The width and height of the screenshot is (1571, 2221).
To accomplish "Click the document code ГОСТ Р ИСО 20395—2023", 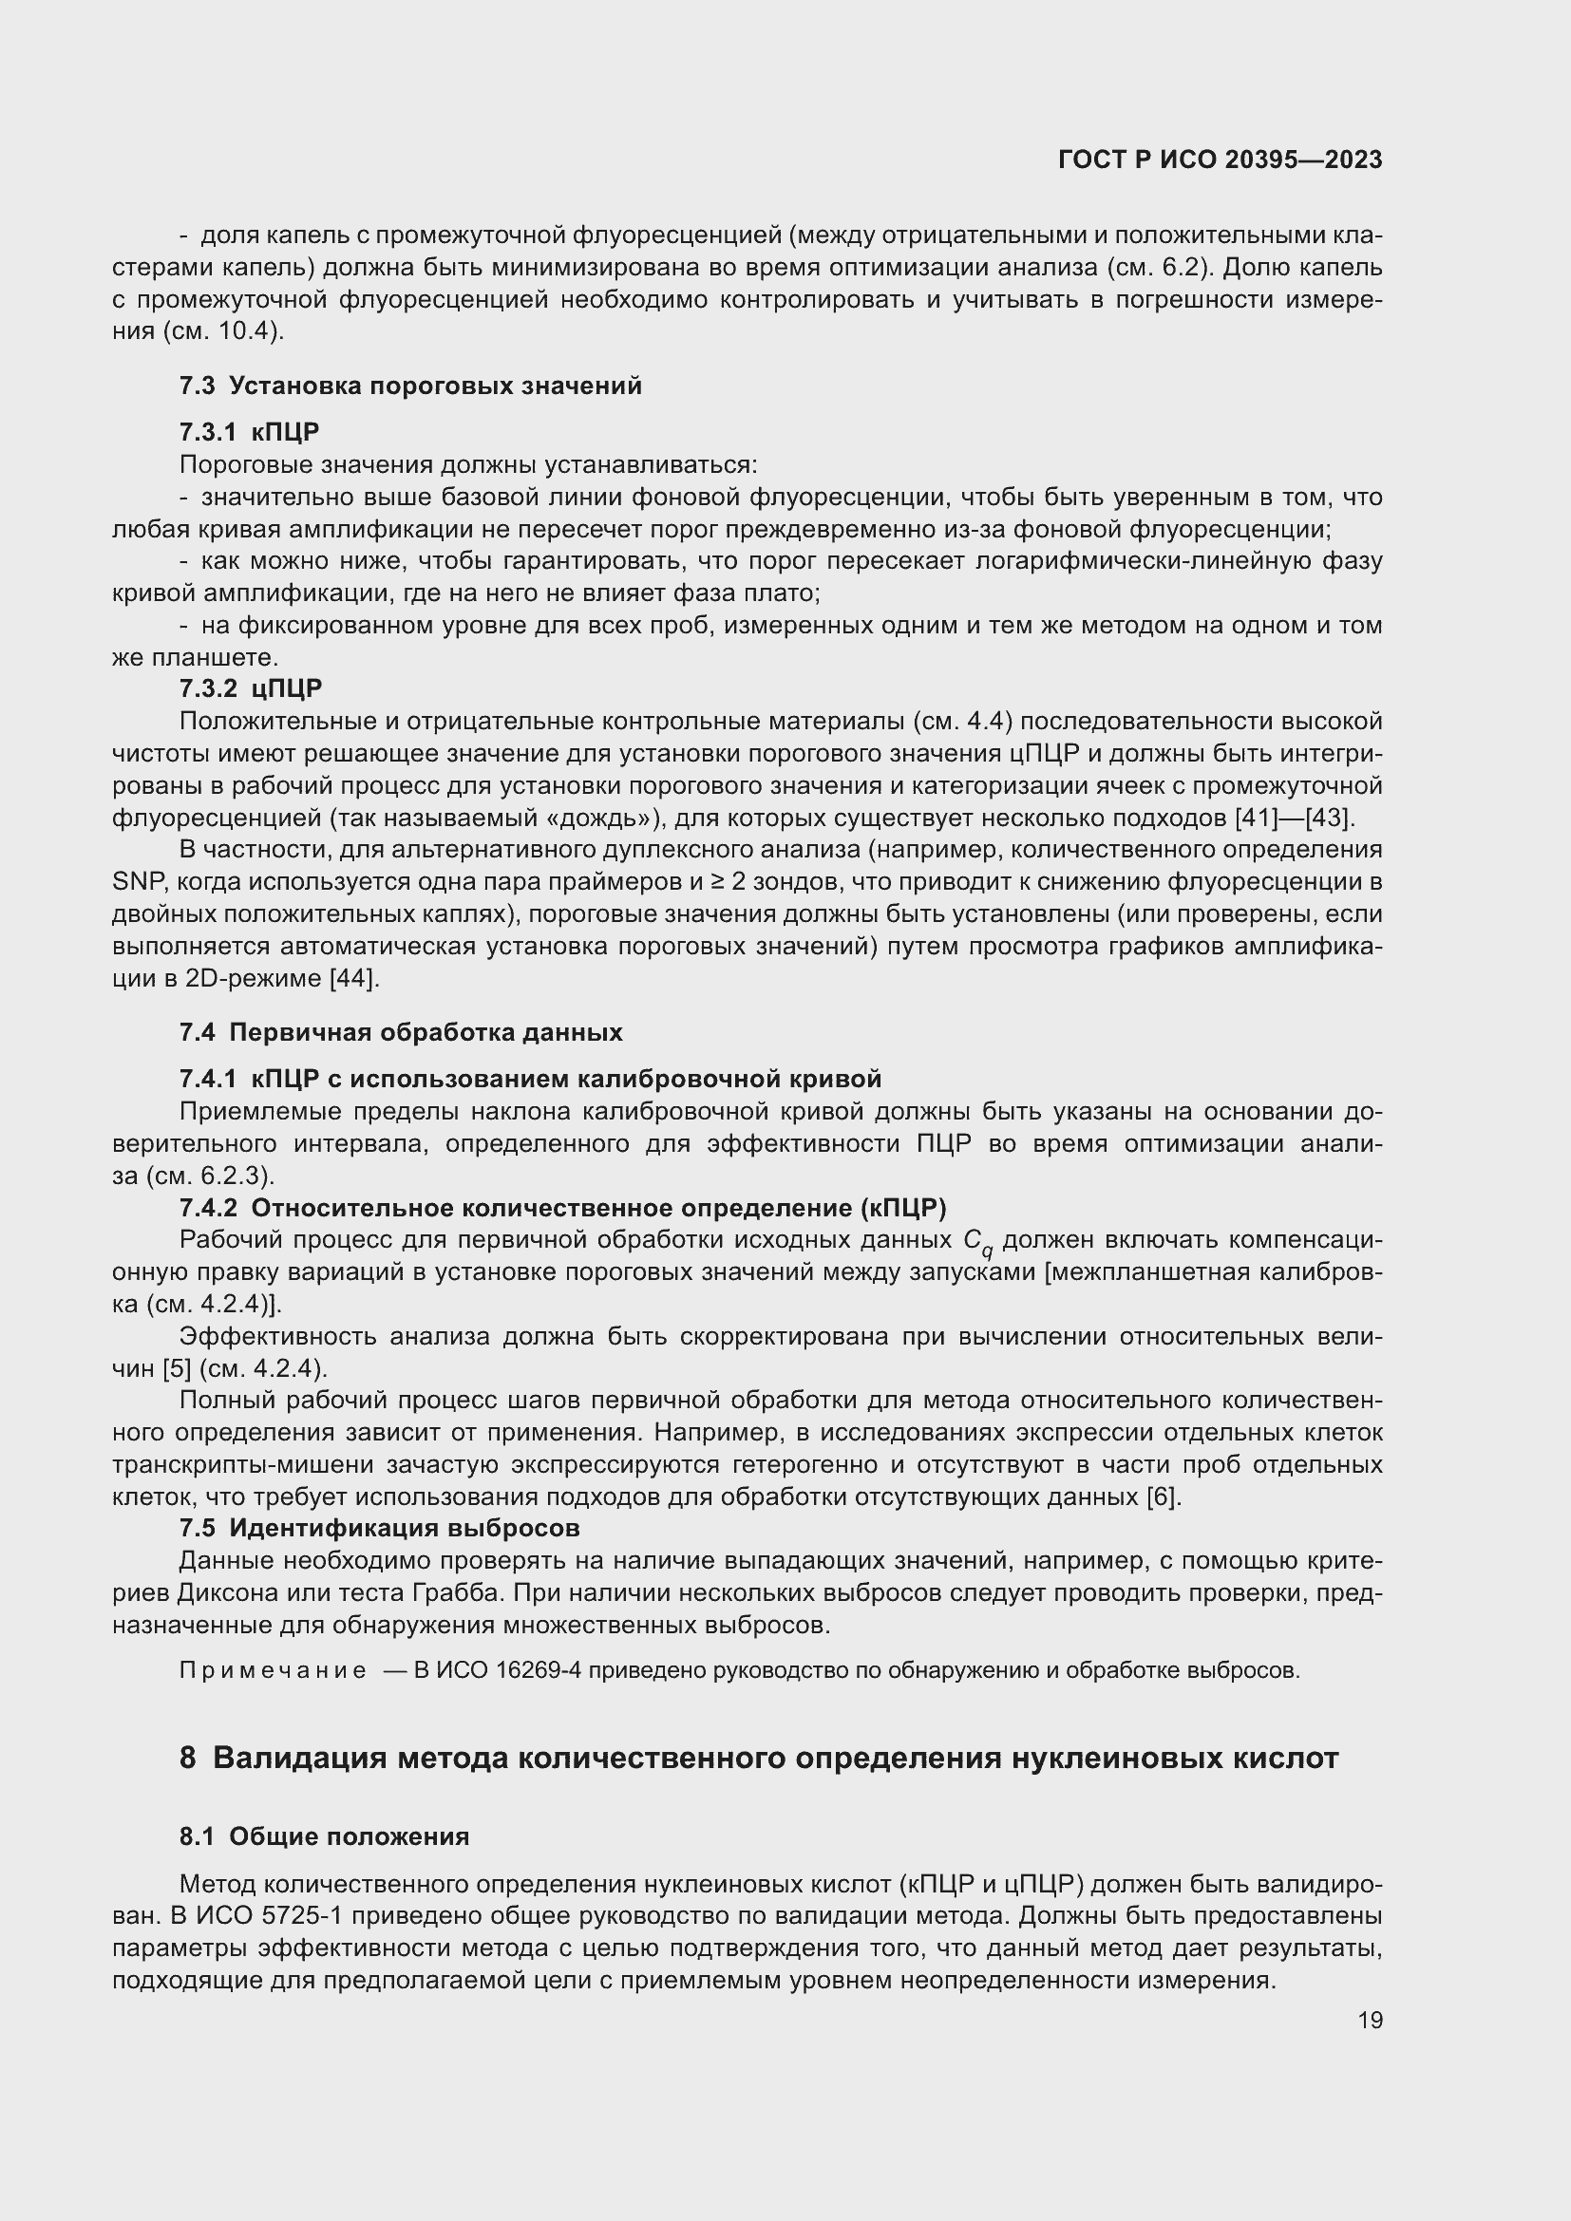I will click(1220, 160).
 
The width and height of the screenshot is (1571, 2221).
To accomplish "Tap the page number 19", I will click(1370, 2020).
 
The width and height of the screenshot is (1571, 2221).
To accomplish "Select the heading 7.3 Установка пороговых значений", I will click(410, 386).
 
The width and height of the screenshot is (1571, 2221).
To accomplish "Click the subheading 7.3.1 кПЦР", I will click(249, 431).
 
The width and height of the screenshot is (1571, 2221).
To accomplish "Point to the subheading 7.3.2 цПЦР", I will click(251, 688).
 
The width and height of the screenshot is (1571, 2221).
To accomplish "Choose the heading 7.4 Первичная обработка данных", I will click(401, 1032).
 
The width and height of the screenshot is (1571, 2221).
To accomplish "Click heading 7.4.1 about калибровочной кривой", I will click(530, 1079).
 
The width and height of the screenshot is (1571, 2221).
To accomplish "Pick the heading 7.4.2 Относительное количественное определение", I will click(562, 1208).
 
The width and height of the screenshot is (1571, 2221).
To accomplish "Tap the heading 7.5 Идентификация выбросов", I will click(379, 1529).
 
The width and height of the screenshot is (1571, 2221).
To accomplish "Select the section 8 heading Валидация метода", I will click(758, 1757).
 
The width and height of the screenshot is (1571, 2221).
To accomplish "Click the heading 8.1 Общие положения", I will click(324, 1836).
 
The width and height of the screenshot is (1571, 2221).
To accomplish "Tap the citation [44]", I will click(354, 978).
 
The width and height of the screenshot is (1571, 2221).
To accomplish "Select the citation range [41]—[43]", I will click(1295, 819).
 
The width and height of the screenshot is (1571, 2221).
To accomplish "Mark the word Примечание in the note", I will click(273, 1670).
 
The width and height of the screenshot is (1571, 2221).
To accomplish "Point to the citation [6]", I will click(1163, 1497).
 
